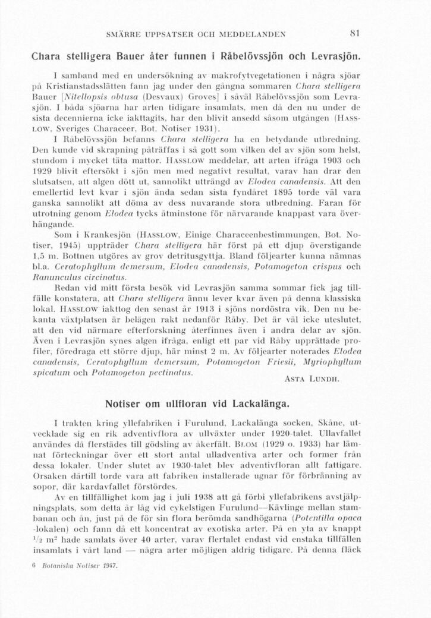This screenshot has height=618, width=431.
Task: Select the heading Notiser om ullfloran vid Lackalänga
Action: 197,404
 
